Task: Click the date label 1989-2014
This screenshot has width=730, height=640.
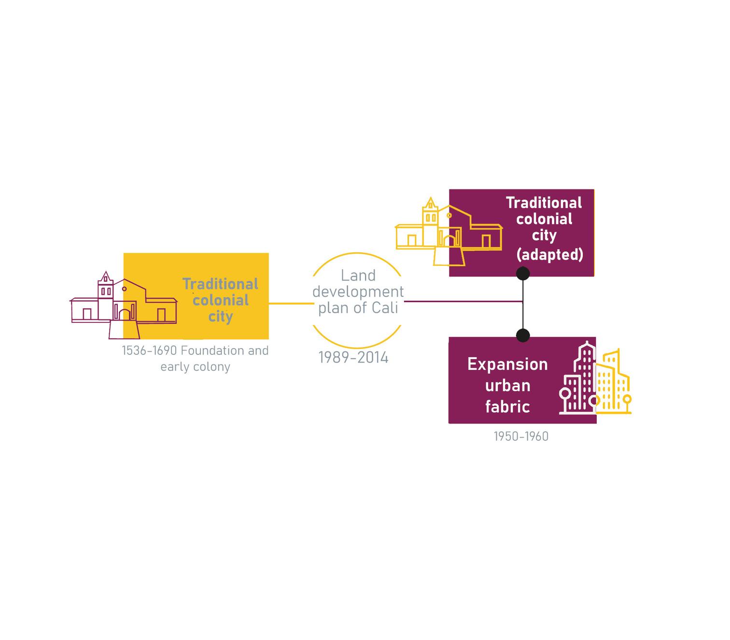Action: point(353,358)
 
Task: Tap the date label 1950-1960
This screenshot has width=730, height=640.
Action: point(521,437)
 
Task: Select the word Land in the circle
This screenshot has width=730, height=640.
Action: point(358,276)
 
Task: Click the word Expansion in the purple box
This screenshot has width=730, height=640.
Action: point(507,364)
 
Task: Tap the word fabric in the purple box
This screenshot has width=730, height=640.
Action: point(507,407)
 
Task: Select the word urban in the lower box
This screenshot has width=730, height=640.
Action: point(507,385)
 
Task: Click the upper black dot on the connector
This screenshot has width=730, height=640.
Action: point(523,274)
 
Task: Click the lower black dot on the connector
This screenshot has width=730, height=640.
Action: point(523,335)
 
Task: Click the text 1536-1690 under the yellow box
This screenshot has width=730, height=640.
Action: point(149,350)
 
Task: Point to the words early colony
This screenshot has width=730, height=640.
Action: point(195,367)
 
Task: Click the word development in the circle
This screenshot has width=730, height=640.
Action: point(358,292)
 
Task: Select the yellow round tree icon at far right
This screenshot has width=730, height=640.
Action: point(627,400)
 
